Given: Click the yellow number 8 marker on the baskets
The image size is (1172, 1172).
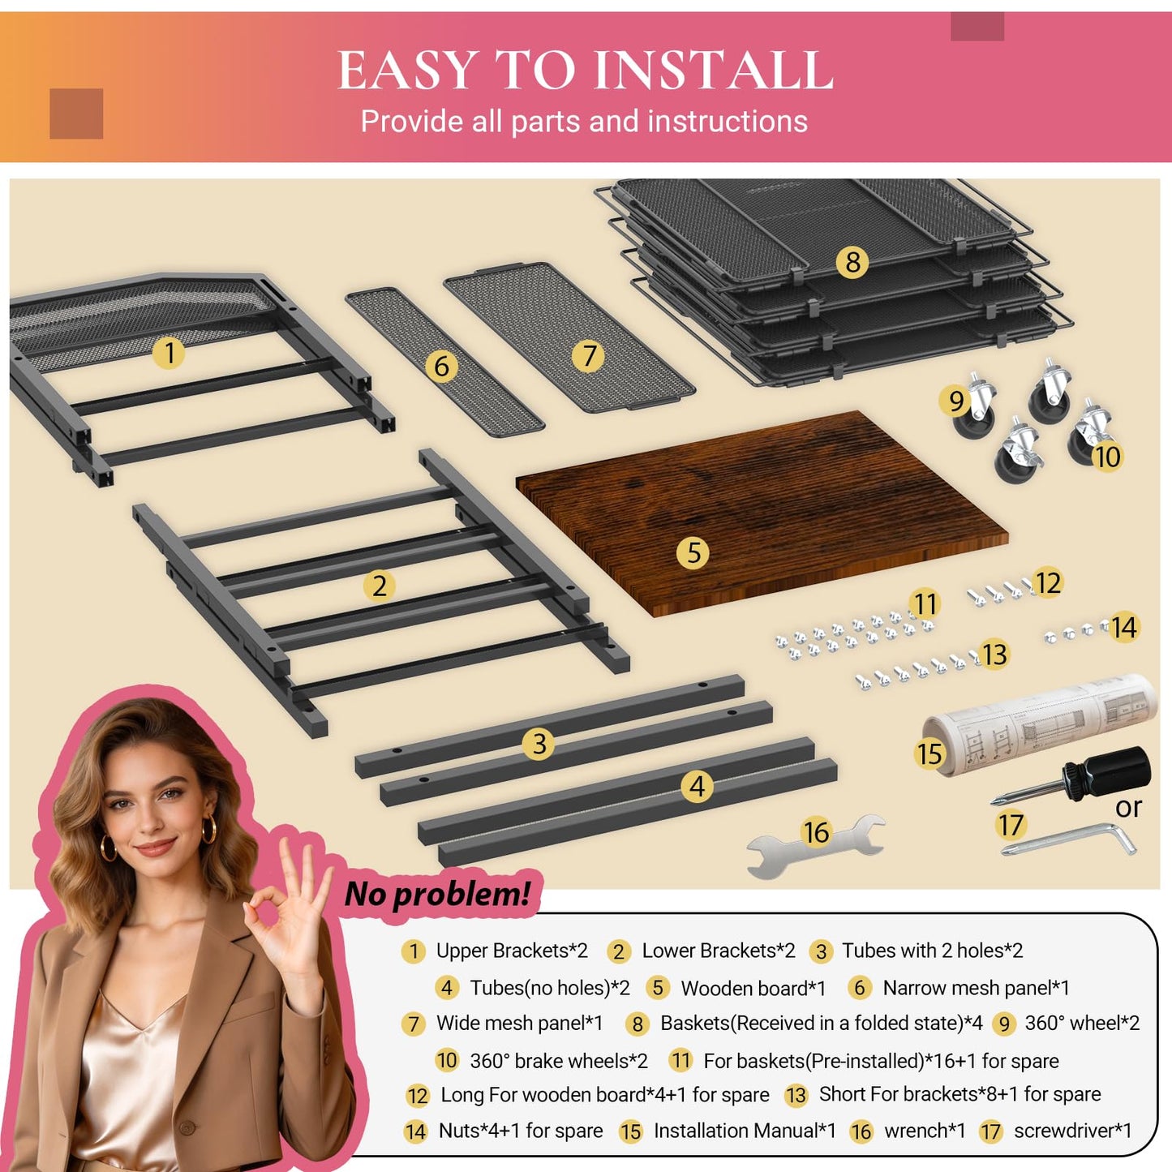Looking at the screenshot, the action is click(852, 262).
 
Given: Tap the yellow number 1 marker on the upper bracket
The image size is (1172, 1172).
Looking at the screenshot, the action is click(169, 353).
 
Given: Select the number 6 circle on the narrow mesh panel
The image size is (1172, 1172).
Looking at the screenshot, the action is click(441, 366).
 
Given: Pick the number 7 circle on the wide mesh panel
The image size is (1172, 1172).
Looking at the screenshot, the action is click(588, 356).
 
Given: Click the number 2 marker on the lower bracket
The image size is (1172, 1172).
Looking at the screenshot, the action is click(380, 586).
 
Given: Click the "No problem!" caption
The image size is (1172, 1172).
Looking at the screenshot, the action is click(437, 894).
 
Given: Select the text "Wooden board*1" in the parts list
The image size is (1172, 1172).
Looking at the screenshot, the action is click(753, 989).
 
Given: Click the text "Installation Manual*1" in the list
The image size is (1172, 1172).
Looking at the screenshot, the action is click(745, 1131).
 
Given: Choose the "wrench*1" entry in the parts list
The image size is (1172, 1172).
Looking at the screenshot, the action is click(925, 1131).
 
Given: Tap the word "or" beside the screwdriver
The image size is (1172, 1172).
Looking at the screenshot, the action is click(1128, 809).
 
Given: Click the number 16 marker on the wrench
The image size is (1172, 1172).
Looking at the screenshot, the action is click(816, 832).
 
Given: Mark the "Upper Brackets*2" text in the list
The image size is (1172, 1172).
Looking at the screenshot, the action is click(512, 951).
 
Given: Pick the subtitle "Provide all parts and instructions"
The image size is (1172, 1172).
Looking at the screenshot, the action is click(584, 121).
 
